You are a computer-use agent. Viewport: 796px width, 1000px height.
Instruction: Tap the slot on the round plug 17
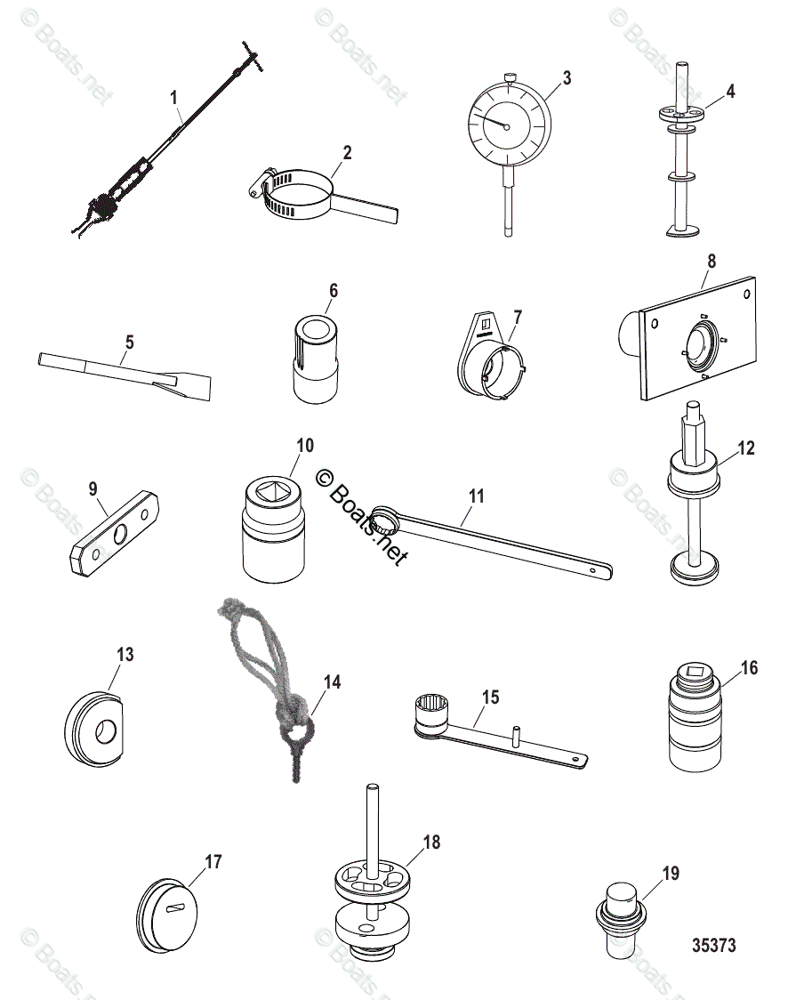coord(175,907)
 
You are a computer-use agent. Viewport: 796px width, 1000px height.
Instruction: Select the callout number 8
coord(711,262)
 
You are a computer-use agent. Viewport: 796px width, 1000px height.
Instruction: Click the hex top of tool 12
coord(694,436)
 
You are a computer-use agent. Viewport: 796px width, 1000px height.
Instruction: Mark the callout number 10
coord(305,445)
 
